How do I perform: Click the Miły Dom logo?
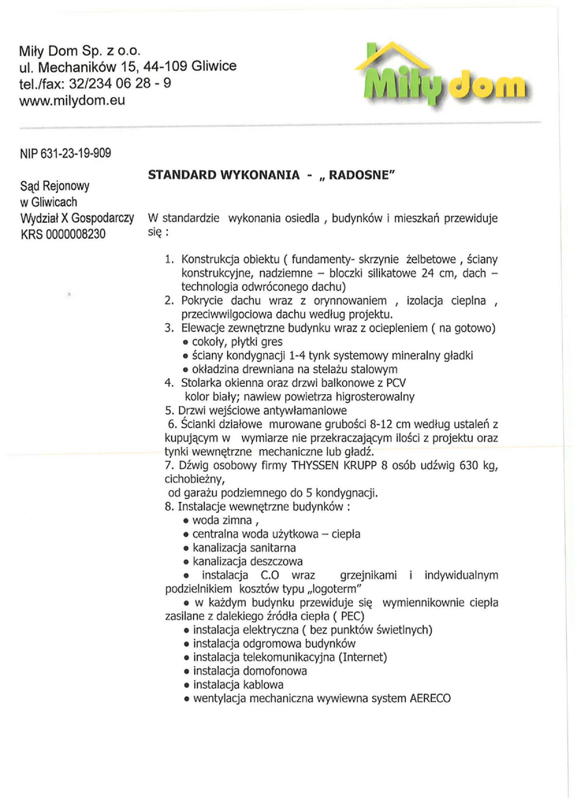click(442, 80)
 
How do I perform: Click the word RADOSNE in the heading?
click(359, 175)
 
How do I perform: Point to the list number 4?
click(169, 383)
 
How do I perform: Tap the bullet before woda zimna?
click(184, 522)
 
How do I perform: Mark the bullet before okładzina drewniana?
click(184, 370)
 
